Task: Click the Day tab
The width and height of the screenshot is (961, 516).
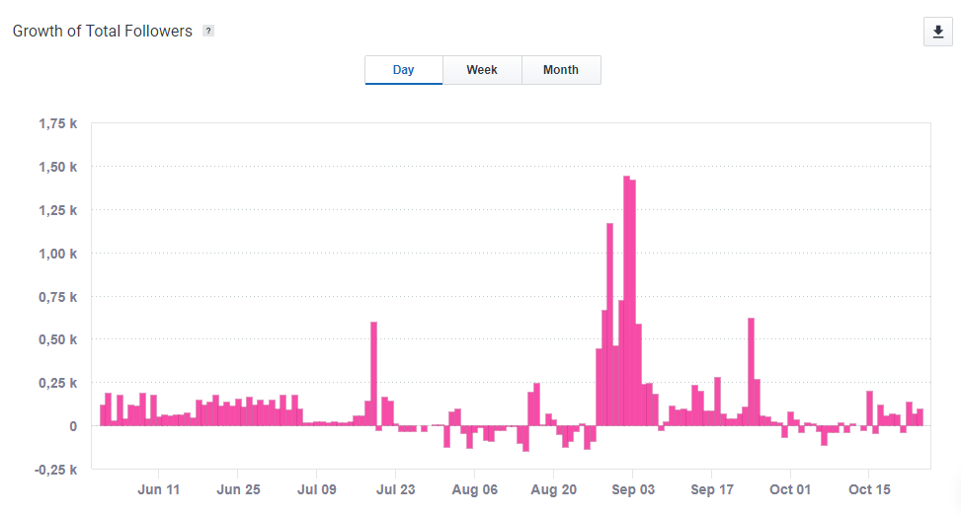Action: (x=403, y=70)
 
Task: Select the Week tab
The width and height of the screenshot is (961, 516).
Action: (x=482, y=70)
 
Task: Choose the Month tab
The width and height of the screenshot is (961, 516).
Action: (x=561, y=70)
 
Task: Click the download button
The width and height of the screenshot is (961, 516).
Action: (x=937, y=32)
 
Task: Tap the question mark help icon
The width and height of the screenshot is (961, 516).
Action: (x=208, y=31)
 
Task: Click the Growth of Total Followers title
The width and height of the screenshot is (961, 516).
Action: (x=102, y=31)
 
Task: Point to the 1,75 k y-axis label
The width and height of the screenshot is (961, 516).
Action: (x=58, y=123)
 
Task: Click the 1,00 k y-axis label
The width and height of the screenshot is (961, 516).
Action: (x=58, y=254)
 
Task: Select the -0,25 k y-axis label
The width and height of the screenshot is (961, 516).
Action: (x=56, y=470)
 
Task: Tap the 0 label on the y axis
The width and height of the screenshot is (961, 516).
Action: (x=73, y=426)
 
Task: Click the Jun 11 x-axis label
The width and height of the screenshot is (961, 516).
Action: (x=159, y=489)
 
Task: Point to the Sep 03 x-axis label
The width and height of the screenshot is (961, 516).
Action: (x=633, y=489)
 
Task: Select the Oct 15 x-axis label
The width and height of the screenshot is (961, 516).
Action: (x=870, y=489)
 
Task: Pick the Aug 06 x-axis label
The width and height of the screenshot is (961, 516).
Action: (x=475, y=489)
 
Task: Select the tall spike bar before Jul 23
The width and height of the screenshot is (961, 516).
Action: (x=373, y=374)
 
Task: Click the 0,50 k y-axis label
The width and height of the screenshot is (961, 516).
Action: (x=58, y=339)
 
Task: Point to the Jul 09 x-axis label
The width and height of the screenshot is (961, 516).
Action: (x=317, y=489)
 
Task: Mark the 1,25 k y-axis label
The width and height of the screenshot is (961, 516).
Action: (x=58, y=210)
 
